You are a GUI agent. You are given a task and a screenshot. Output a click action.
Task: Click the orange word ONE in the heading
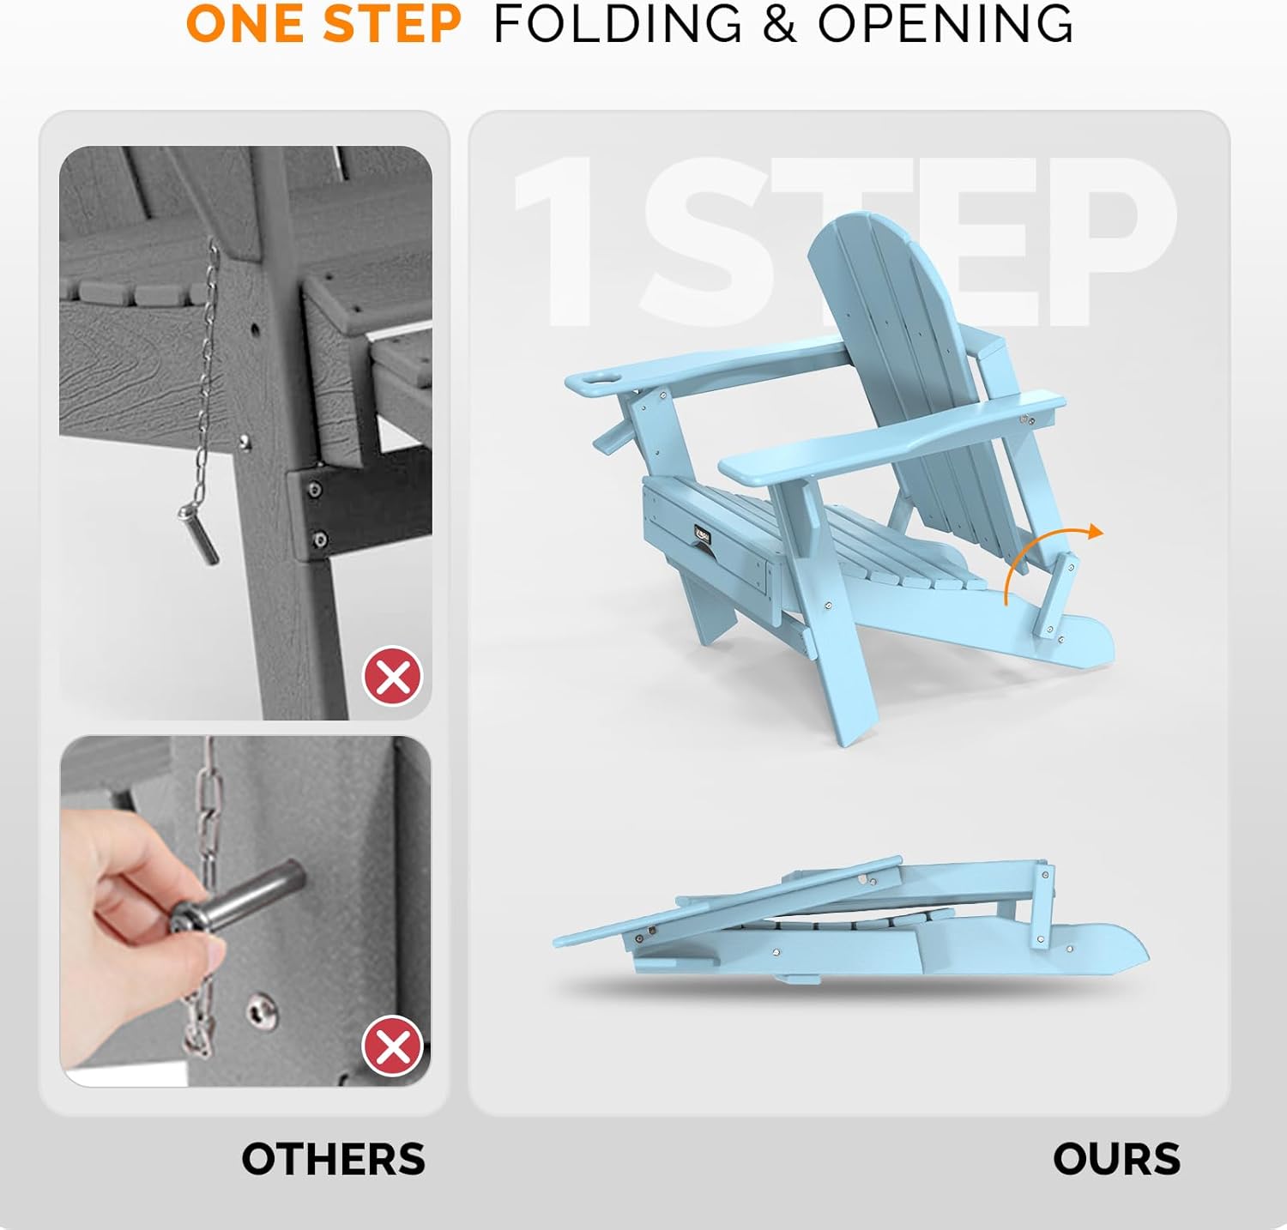click(x=248, y=23)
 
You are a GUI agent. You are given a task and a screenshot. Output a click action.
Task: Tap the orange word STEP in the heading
click(x=393, y=23)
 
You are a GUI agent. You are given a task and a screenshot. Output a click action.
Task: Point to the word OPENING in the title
click(x=945, y=23)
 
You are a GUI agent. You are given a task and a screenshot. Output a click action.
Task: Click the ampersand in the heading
click(x=779, y=23)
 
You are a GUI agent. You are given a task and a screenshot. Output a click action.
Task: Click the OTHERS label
click(x=333, y=1159)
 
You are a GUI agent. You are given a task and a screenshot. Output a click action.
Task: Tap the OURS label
click(x=1116, y=1159)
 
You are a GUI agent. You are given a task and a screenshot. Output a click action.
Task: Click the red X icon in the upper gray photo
click(x=393, y=677)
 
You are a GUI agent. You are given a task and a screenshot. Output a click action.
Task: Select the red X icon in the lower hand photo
click(x=393, y=1046)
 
